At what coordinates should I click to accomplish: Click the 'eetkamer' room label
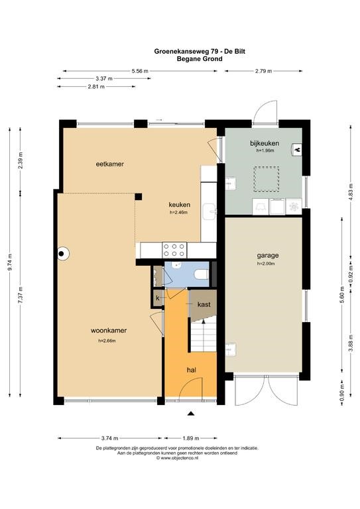109,164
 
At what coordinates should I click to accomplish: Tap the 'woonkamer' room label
109,331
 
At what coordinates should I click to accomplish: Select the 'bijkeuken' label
265,143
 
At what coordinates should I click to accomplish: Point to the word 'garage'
268,255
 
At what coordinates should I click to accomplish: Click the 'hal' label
191,370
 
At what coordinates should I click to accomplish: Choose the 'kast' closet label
204,304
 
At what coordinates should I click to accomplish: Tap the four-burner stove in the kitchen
174,250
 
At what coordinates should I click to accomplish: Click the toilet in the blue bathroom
202,274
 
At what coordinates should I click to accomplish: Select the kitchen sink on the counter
209,211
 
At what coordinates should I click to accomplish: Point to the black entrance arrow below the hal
191,414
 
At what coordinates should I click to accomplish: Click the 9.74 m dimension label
10,262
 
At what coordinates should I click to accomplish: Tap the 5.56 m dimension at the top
140,71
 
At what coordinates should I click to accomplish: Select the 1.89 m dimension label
191,438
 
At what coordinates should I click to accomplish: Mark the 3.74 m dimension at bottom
109,438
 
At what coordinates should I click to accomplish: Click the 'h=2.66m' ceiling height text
107,341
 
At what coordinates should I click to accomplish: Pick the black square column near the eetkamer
139,196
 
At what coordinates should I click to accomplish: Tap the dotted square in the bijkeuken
267,179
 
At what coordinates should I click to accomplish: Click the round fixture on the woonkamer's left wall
62,254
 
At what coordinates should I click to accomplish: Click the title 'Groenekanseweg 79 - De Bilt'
200,51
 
